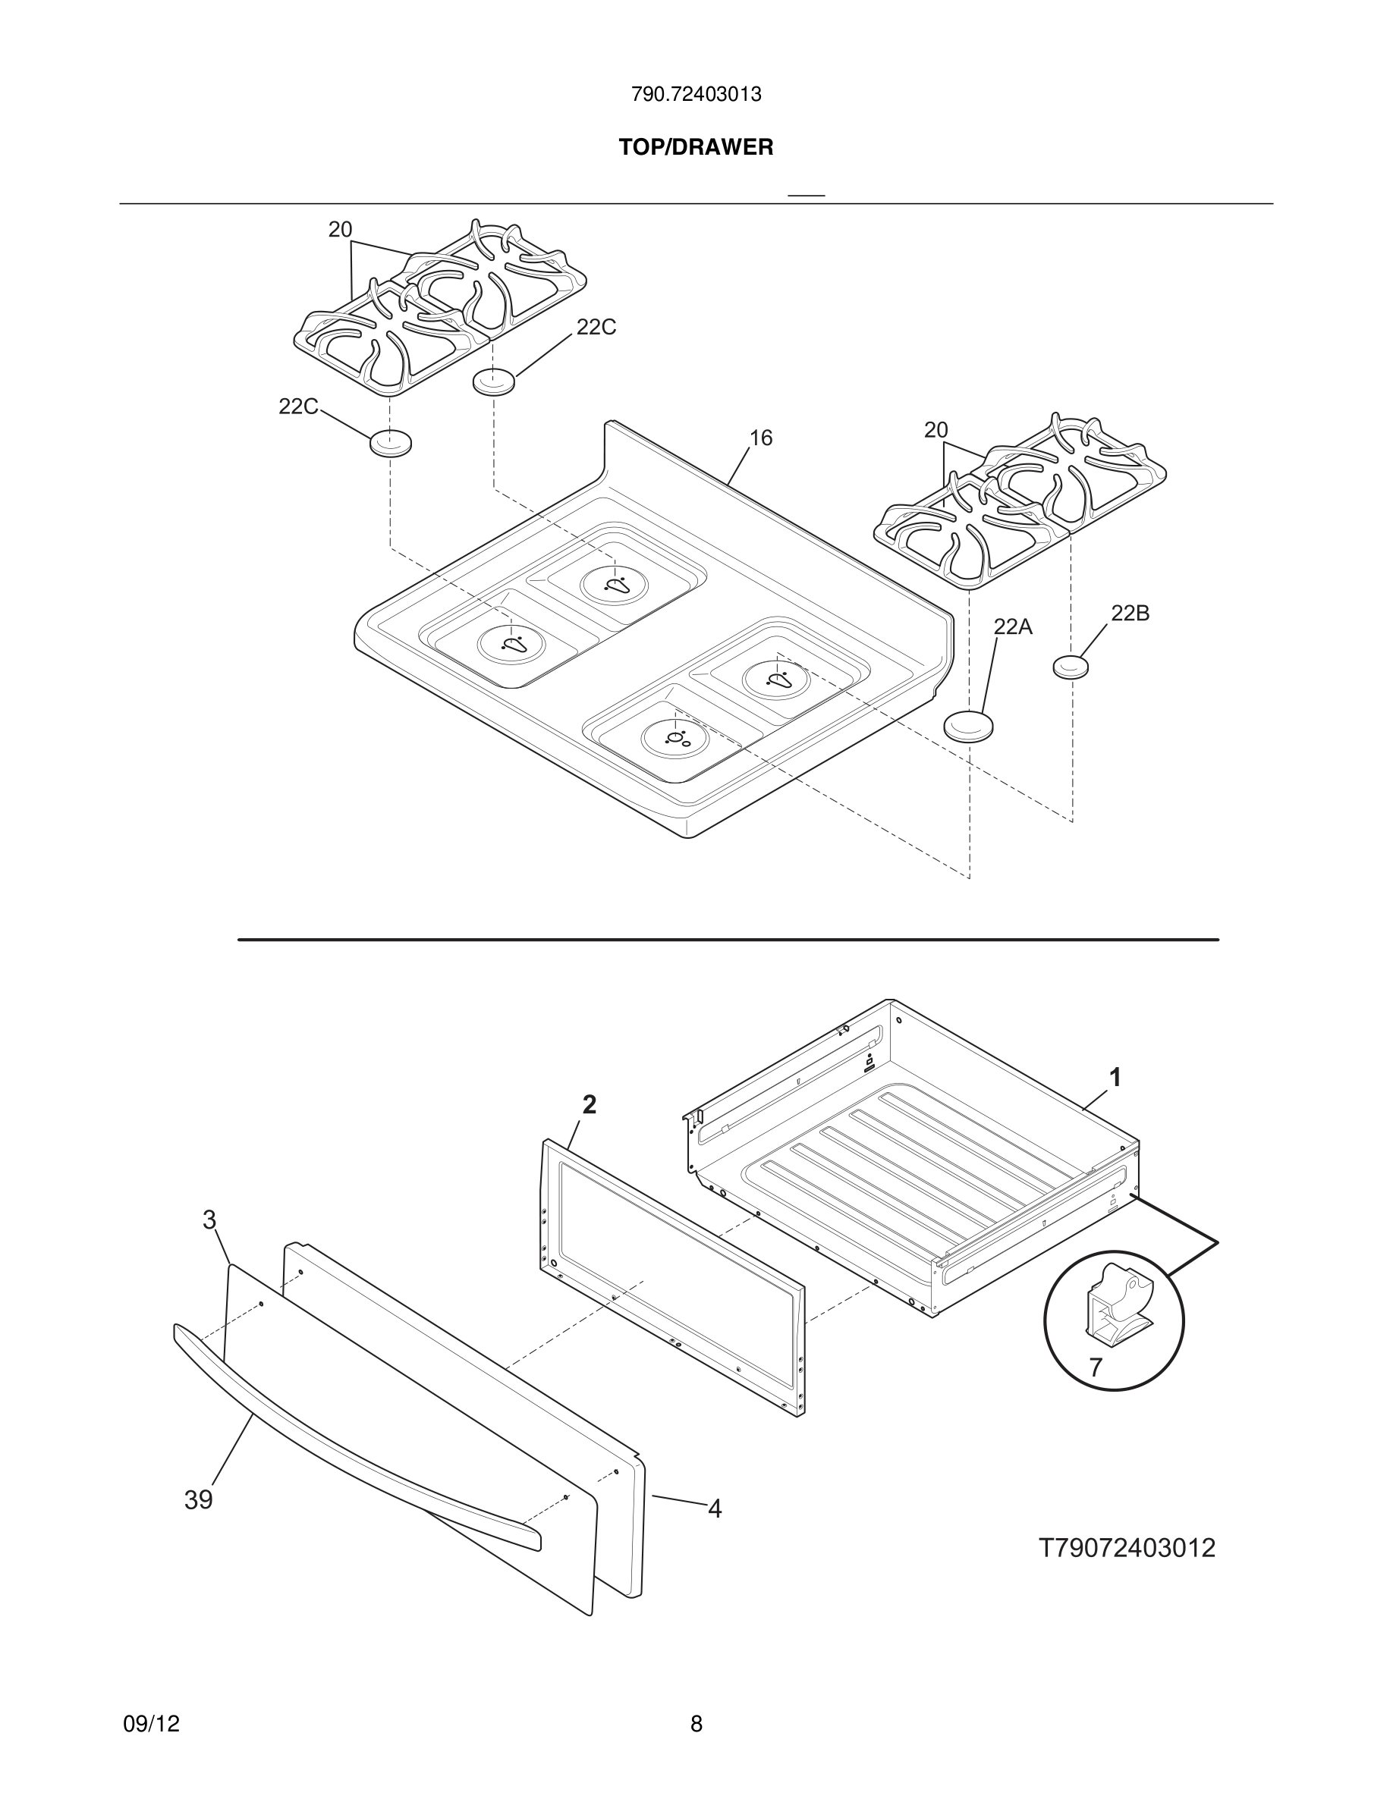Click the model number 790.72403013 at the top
(x=696, y=95)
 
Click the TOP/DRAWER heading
(x=696, y=148)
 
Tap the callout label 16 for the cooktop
(x=760, y=438)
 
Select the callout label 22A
(x=1013, y=627)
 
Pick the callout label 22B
(x=1130, y=613)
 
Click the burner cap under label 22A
(x=968, y=726)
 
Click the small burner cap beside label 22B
(x=1071, y=666)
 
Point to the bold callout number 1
(x=1115, y=1078)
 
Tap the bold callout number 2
(x=590, y=1105)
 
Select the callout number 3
(x=209, y=1220)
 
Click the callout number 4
(x=715, y=1509)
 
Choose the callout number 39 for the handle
(x=198, y=1500)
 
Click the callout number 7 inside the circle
(x=1095, y=1368)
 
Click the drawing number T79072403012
(x=1127, y=1549)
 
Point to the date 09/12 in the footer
(x=151, y=1724)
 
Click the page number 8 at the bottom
(x=696, y=1724)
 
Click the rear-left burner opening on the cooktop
(x=615, y=584)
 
